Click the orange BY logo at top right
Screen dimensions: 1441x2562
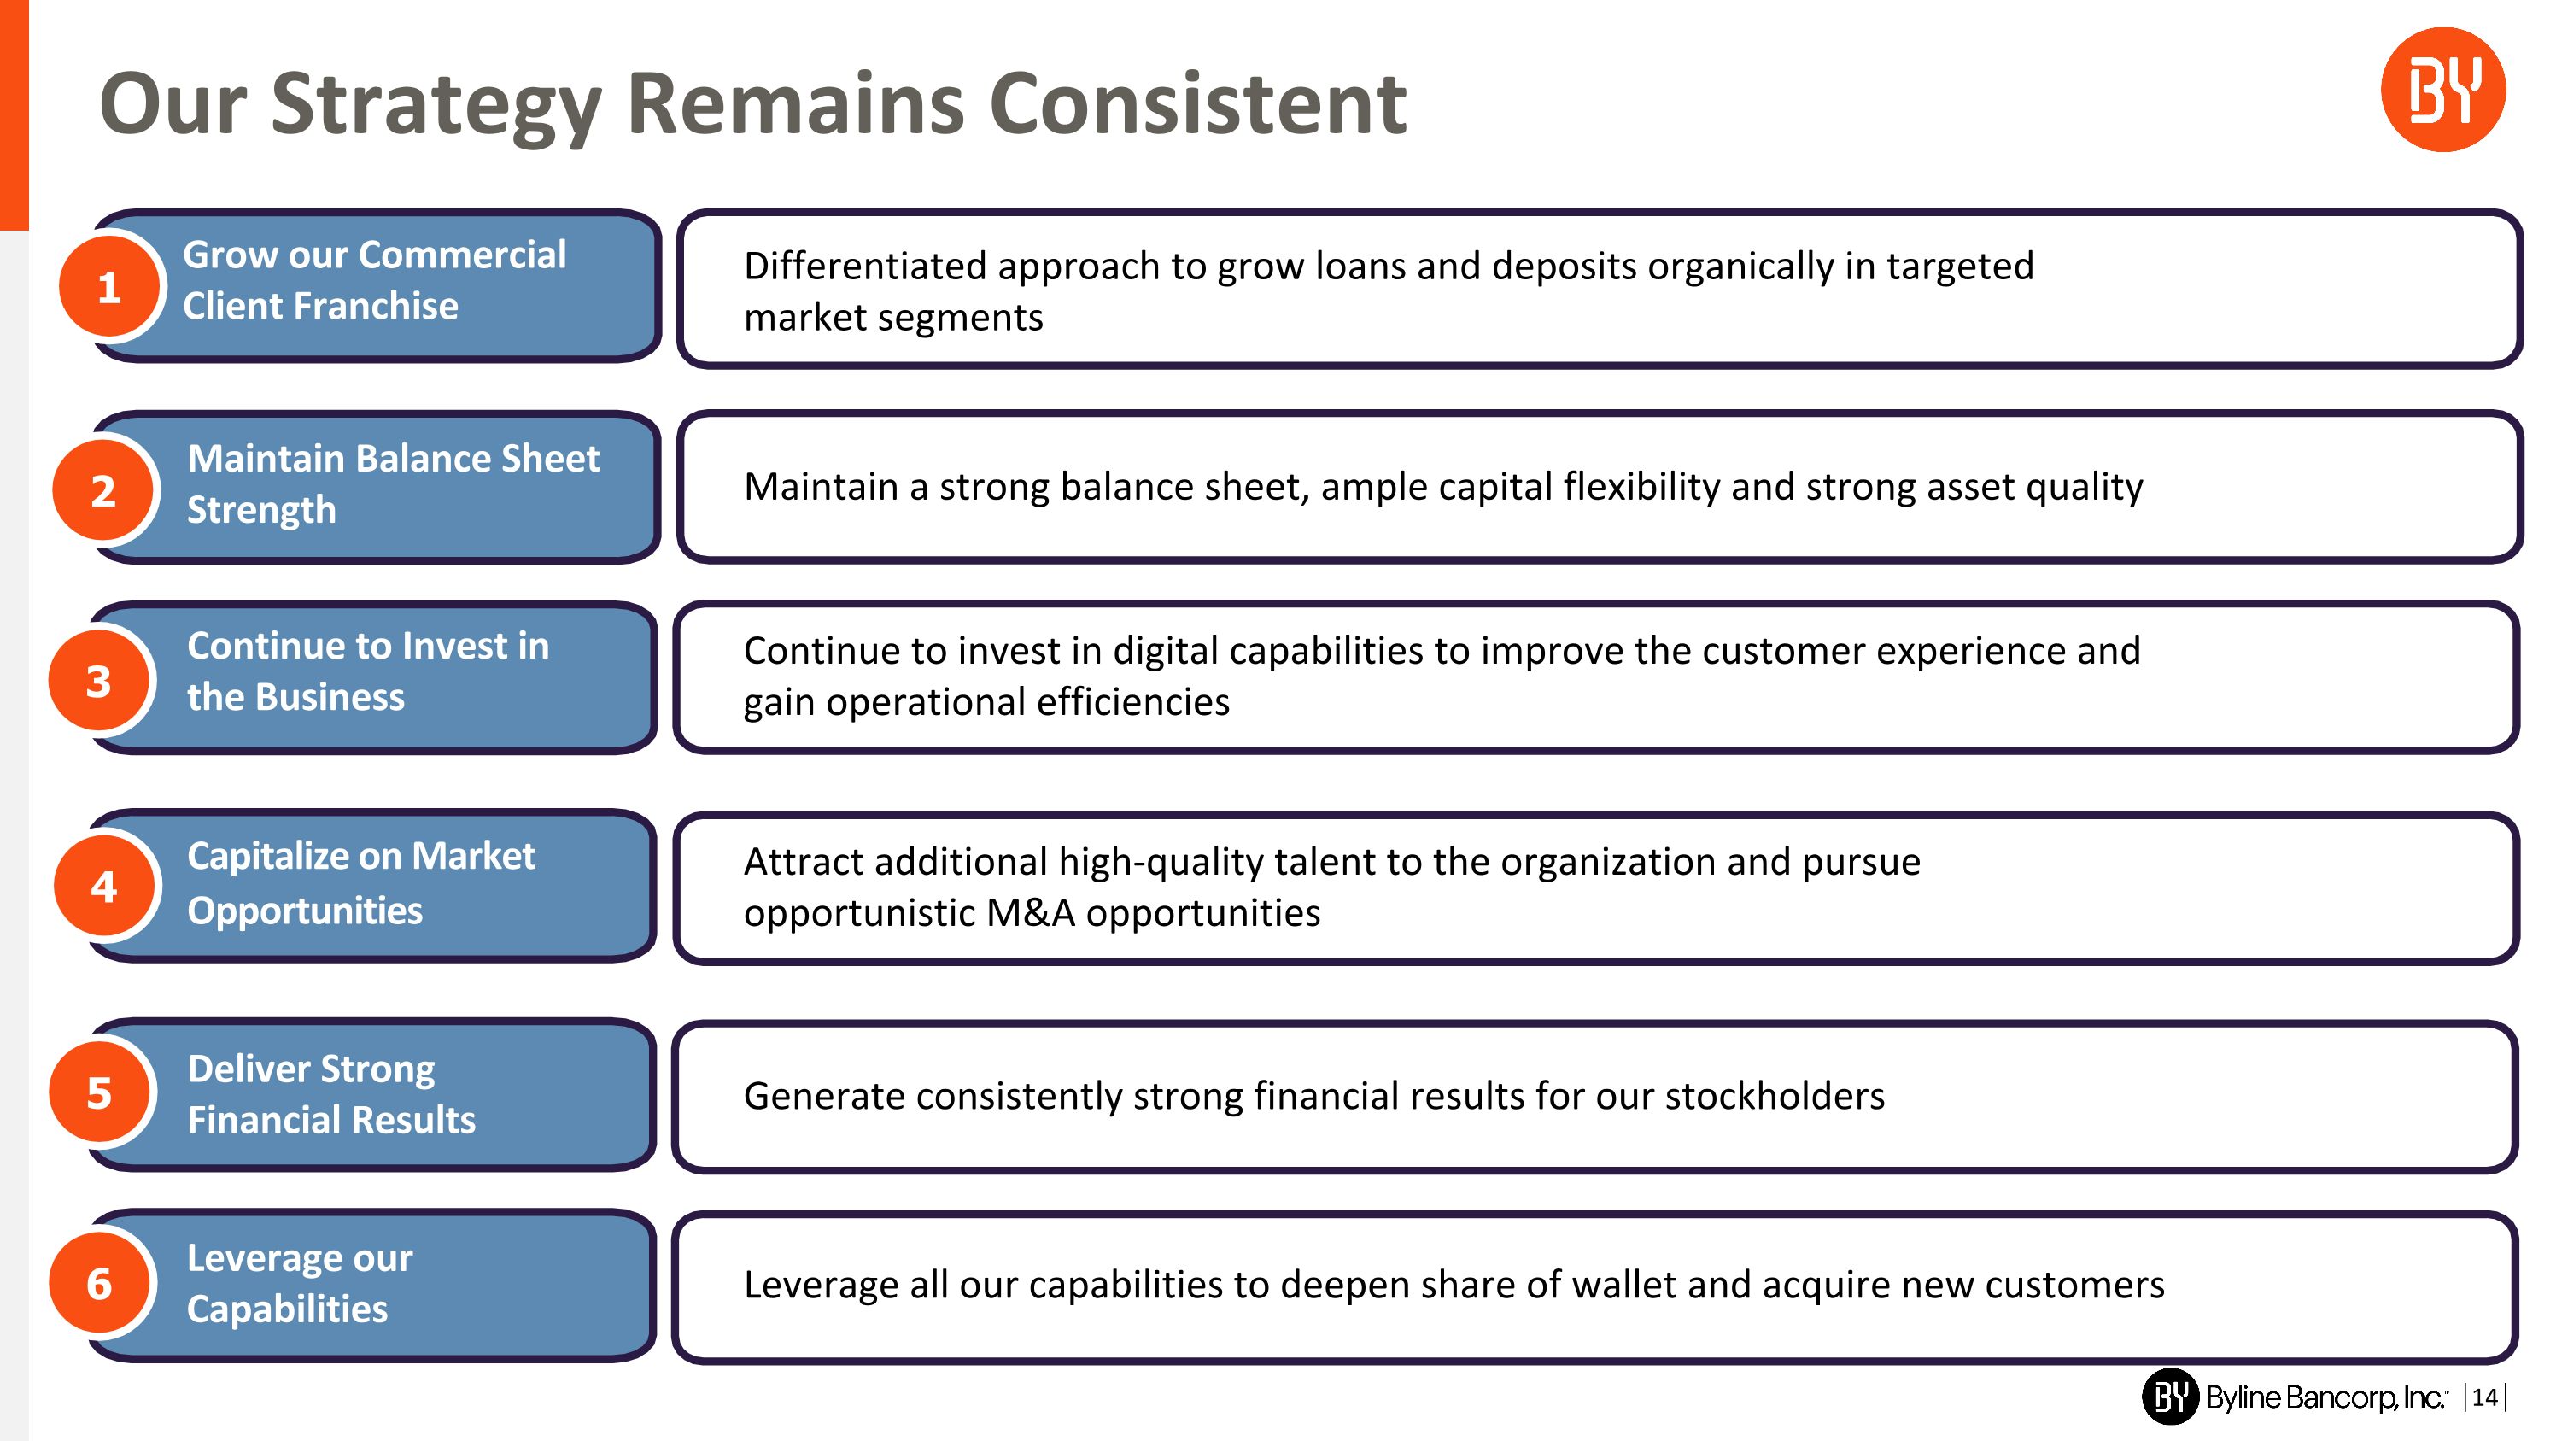pos(2442,90)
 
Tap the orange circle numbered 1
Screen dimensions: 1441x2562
pos(108,287)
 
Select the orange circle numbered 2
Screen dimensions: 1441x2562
pos(103,490)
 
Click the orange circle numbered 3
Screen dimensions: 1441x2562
pos(98,682)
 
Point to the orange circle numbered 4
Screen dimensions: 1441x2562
pos(103,886)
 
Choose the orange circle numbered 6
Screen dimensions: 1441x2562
pos(98,1283)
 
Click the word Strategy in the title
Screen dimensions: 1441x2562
pos(436,104)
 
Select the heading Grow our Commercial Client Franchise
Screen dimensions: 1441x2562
pos(374,280)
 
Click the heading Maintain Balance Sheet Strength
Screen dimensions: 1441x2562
pos(393,484)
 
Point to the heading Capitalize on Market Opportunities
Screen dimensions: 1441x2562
pos(360,883)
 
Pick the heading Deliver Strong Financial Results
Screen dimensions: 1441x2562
pos(330,1094)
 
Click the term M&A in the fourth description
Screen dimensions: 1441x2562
pos(1031,913)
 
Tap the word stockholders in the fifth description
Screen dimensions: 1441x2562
pos(1775,1096)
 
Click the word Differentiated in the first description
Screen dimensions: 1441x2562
pos(864,267)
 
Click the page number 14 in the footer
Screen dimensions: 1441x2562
pos(2483,1397)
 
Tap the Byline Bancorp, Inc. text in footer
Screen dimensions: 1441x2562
pos(2323,1397)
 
